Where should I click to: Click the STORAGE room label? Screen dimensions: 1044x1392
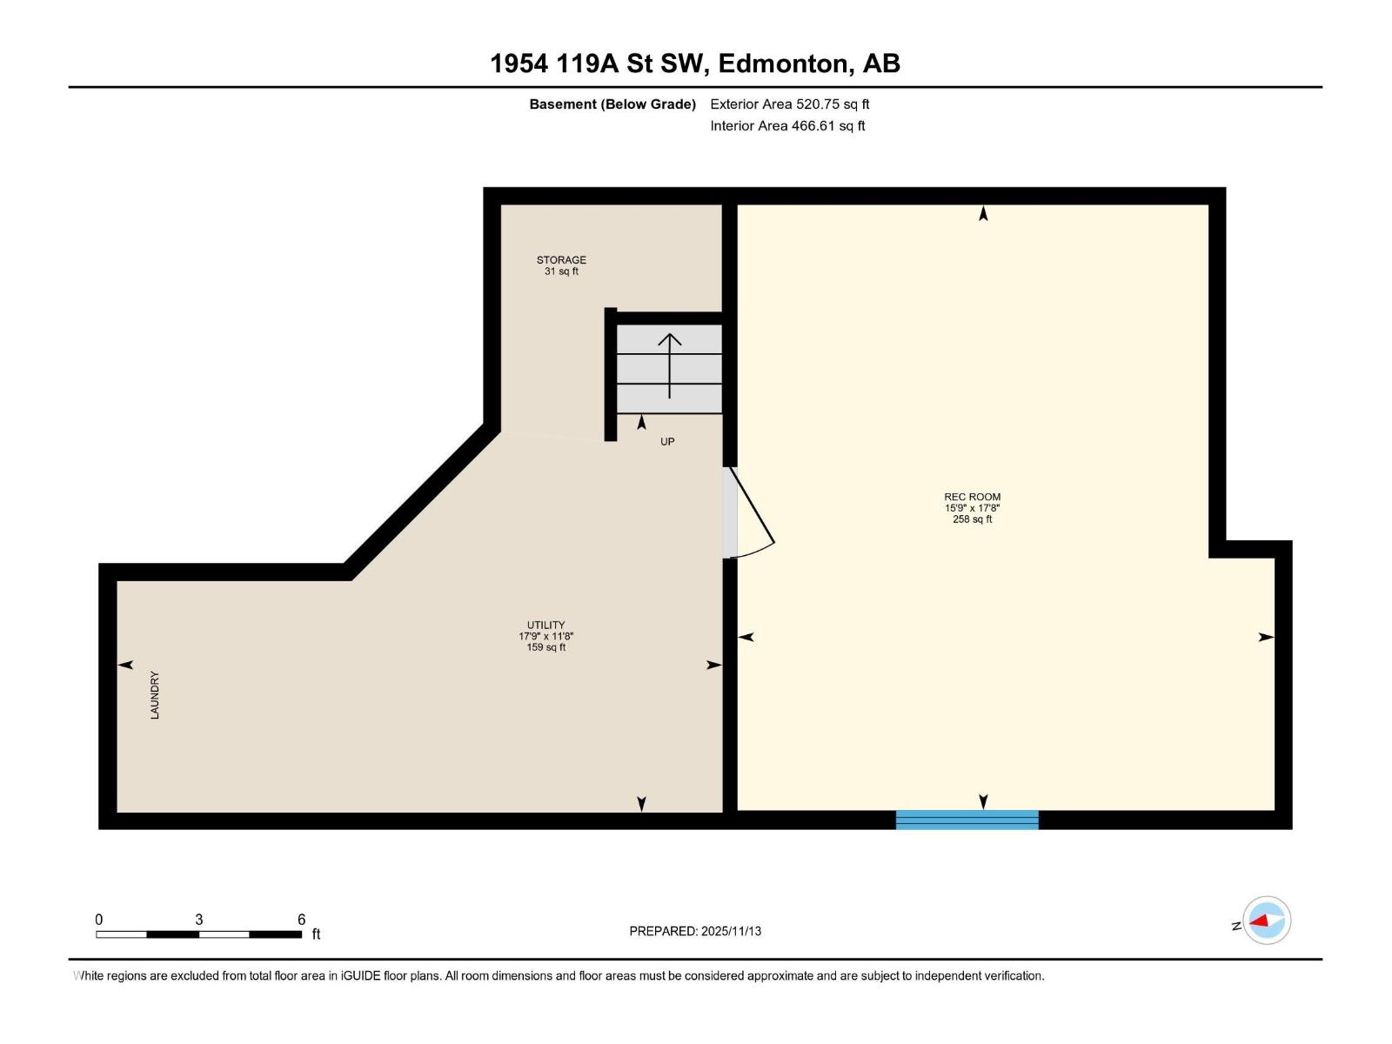coord(561,259)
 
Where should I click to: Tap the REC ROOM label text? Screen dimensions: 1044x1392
coord(972,497)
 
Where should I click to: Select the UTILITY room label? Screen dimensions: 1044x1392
coord(545,625)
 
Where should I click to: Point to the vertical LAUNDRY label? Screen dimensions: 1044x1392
coord(155,694)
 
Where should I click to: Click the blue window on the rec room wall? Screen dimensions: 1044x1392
coord(967,820)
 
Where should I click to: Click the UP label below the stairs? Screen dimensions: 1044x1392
coord(667,441)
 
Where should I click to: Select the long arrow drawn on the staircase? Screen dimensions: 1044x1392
coord(669,365)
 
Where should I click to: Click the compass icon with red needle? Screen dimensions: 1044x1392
coord(1267,920)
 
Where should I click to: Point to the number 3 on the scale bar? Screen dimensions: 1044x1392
coord(199,920)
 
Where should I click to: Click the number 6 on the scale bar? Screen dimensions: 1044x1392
coord(301,920)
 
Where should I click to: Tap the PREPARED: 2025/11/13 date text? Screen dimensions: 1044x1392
coord(695,931)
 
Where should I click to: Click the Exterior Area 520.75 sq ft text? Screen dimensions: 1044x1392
coord(789,104)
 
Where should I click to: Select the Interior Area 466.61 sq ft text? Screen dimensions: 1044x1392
coord(787,125)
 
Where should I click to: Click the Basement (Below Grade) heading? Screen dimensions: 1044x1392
coord(612,104)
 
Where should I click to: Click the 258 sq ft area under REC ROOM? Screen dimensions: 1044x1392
coord(972,519)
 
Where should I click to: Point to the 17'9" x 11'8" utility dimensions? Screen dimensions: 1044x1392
coord(545,636)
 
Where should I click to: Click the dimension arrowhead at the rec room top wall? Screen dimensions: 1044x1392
coord(983,213)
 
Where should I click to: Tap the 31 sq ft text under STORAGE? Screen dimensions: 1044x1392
coord(561,271)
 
